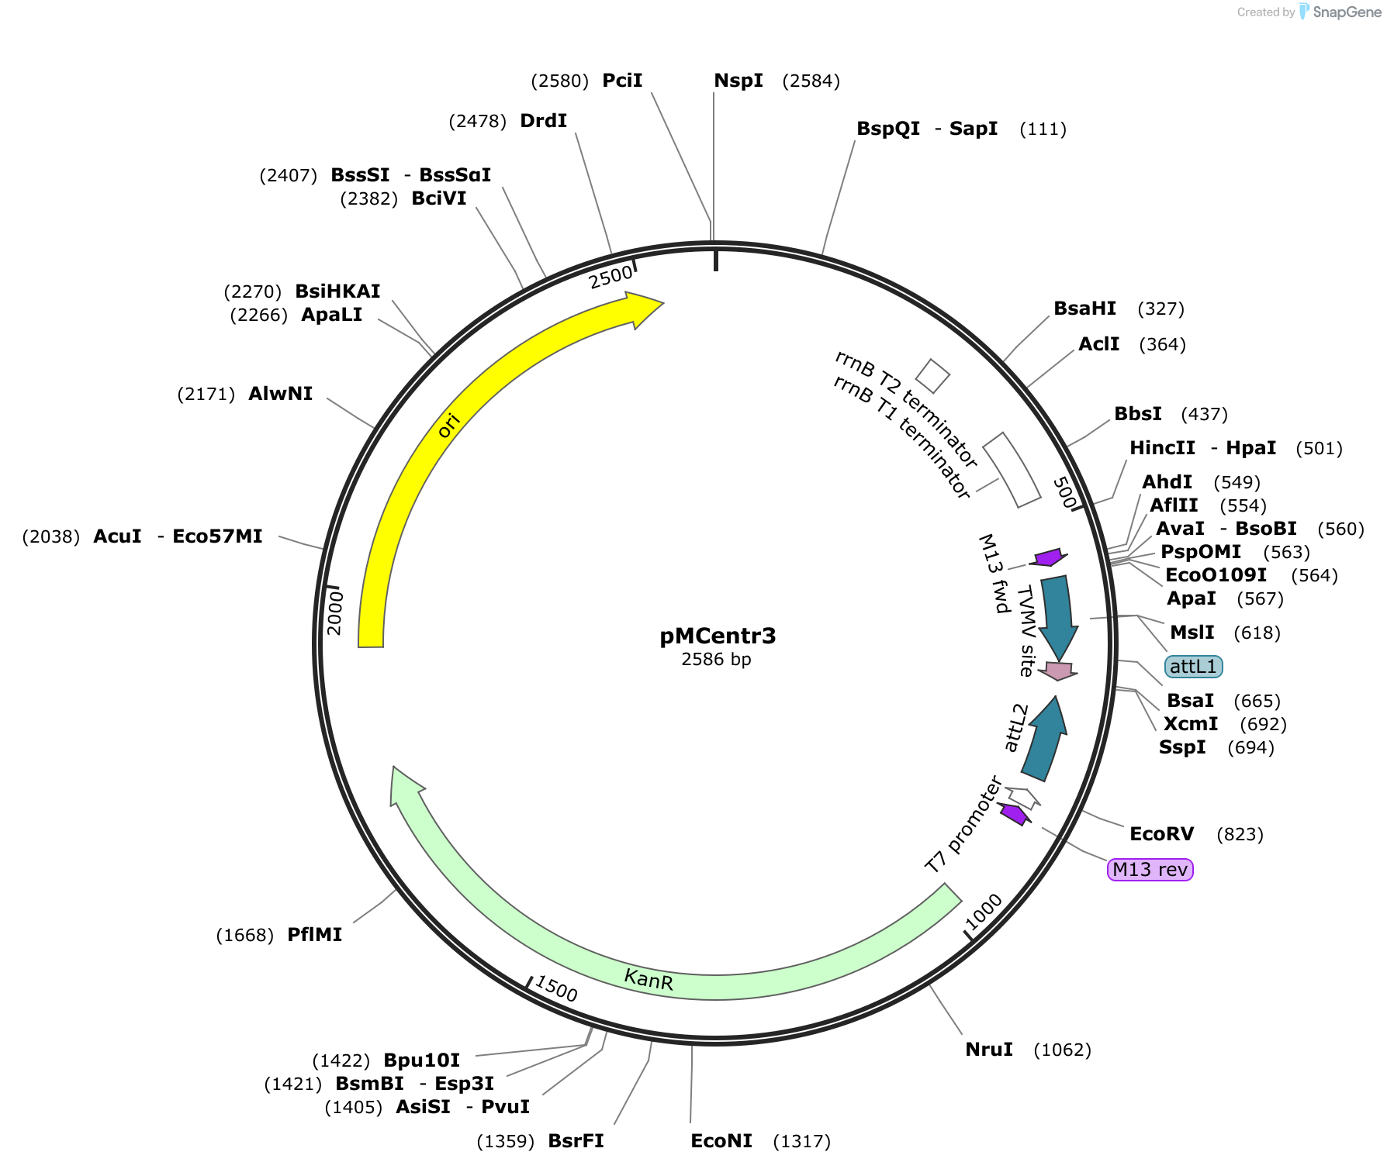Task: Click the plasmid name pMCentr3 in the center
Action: click(718, 636)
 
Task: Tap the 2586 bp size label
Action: click(716, 659)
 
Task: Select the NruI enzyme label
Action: click(989, 1050)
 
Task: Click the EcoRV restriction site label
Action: click(1161, 834)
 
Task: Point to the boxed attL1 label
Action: click(1193, 667)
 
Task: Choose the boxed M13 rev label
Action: click(1150, 870)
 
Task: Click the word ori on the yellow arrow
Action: click(448, 426)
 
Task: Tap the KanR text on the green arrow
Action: click(649, 980)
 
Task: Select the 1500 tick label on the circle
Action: click(556, 989)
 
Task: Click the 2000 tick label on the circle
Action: click(335, 613)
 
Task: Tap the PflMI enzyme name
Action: click(315, 935)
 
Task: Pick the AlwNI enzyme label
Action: click(281, 394)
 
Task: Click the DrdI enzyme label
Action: click(544, 121)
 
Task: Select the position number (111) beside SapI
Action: click(1043, 129)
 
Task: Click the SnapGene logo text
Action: click(1347, 12)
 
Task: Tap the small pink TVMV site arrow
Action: click(1058, 671)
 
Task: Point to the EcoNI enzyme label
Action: click(721, 1141)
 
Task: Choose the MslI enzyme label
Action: click(1192, 633)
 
